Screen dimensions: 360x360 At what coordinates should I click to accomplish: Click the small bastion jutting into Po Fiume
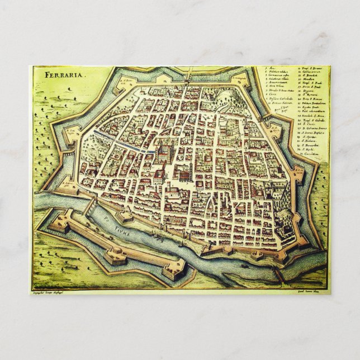pos(124,215)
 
